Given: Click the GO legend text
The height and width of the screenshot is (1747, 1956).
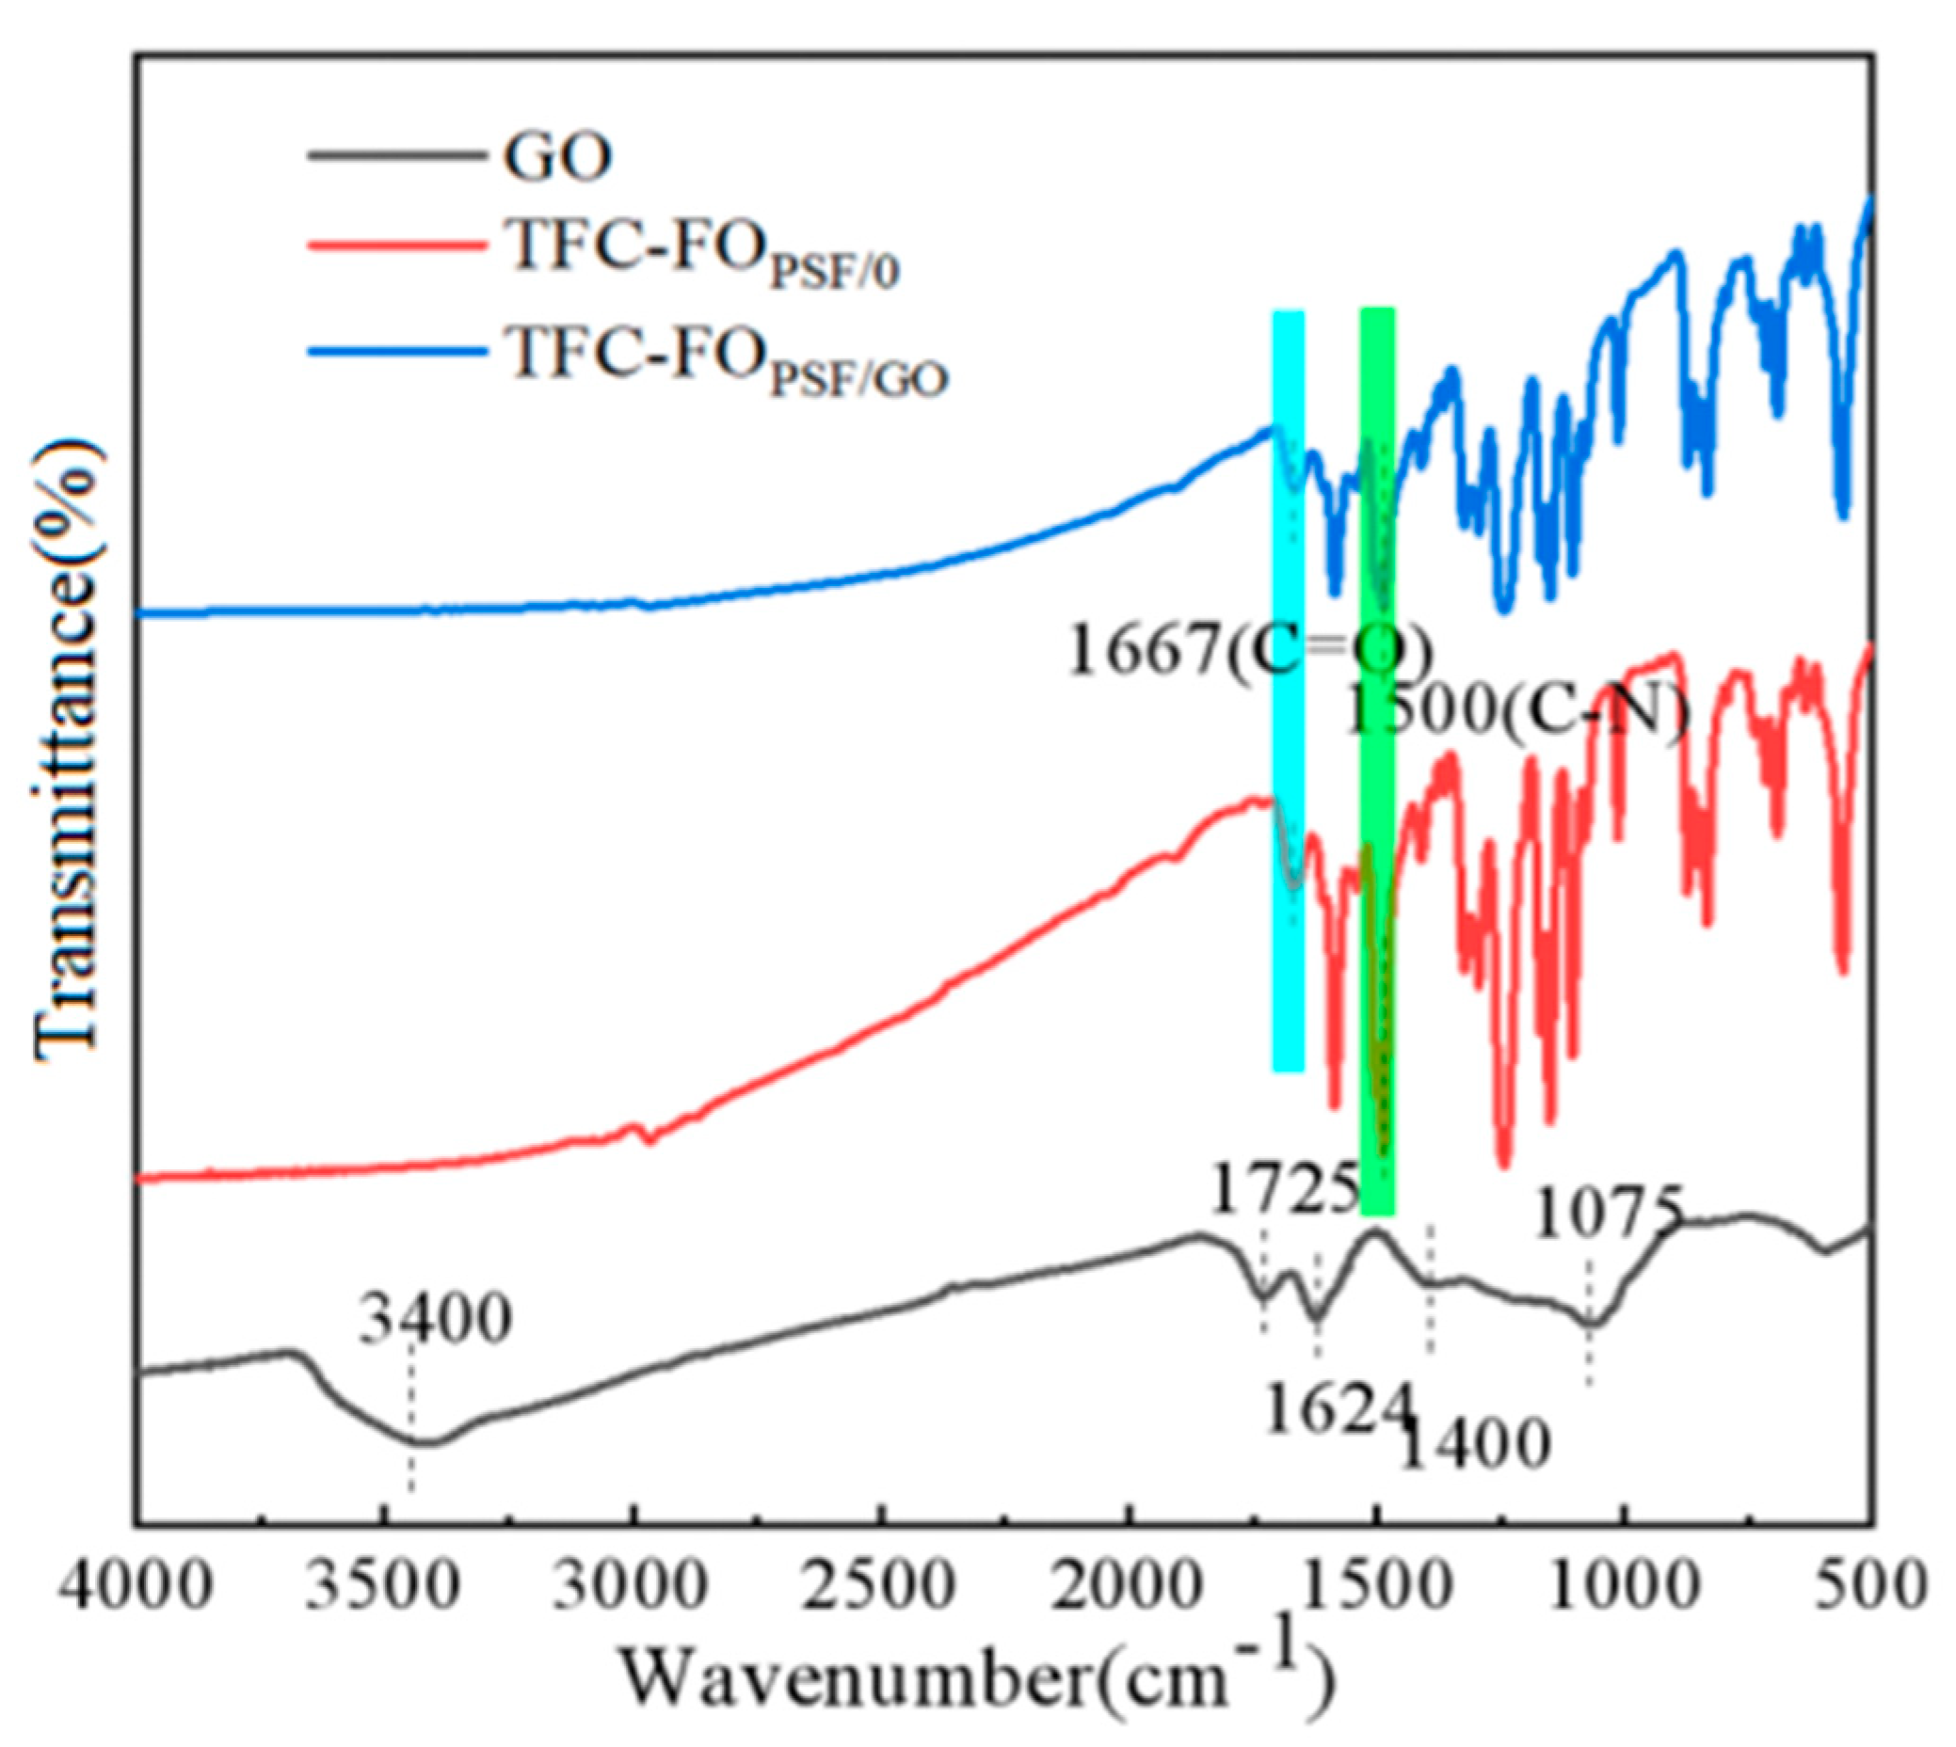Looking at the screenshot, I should tap(557, 159).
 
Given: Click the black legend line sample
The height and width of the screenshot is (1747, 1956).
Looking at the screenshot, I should tap(393, 154).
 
